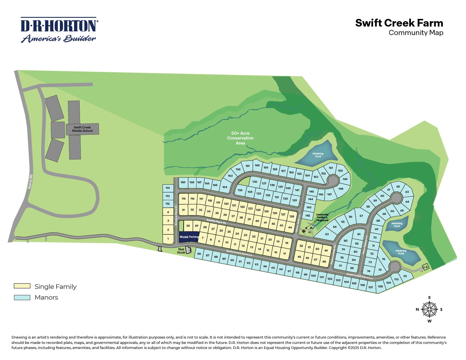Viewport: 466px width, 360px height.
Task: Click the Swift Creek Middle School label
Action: pyautogui.click(x=82, y=129)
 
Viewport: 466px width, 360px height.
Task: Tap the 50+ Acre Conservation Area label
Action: pyautogui.click(x=240, y=138)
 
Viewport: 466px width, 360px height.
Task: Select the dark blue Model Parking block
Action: pyautogui.click(x=189, y=237)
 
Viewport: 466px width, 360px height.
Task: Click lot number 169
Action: pyautogui.click(x=183, y=182)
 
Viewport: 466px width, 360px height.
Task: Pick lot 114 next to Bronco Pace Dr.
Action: pyautogui.click(x=168, y=188)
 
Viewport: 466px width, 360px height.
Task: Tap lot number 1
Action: pyautogui.click(x=168, y=239)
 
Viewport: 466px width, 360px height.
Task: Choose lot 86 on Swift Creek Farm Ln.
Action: pyautogui.click(x=199, y=254)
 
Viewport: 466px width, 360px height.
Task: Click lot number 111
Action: pyautogui.click(x=405, y=276)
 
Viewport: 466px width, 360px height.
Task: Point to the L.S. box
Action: pyautogui.click(x=426, y=267)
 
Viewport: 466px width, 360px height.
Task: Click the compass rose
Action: pyautogui.click(x=429, y=309)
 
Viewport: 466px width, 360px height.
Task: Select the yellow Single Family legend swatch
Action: pyautogui.click(x=22, y=286)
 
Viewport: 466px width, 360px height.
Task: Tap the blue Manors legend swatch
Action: pyautogui.click(x=22, y=297)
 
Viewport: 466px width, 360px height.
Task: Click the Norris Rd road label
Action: pyautogui.click(x=30, y=182)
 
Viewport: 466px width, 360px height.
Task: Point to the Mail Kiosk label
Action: pyautogui.click(x=181, y=251)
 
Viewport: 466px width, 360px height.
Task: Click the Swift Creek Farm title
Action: pyautogui.click(x=399, y=23)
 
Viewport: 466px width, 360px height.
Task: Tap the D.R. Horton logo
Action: pyautogui.click(x=59, y=30)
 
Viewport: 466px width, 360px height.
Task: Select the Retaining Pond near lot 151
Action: pyautogui.click(x=318, y=155)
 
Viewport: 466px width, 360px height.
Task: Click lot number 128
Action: pyautogui.click(x=292, y=217)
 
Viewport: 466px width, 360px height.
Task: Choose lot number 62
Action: pyautogui.click(x=398, y=187)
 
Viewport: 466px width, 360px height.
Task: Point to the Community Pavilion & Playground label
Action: pyautogui.click(x=322, y=217)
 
